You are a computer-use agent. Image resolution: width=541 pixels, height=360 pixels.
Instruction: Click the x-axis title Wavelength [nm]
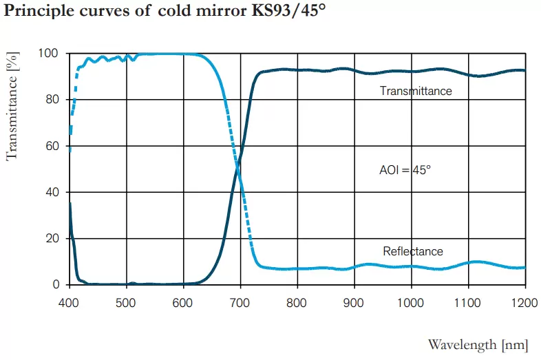click(478, 343)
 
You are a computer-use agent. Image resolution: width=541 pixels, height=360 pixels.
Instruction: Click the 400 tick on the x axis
click(69, 301)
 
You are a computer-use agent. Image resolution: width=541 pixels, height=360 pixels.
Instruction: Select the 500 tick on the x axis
click(126, 301)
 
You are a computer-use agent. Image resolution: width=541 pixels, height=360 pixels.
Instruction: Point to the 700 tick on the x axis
click(240, 301)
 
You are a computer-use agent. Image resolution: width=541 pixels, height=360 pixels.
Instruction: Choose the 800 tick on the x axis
click(297, 301)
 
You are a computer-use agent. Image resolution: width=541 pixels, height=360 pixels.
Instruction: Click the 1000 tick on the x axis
click(411, 301)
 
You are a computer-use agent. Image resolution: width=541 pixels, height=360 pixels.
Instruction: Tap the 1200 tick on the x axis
click(524, 301)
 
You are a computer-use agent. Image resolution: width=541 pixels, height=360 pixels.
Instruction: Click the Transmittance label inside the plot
click(416, 91)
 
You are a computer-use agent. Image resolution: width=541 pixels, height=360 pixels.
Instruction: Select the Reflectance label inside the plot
click(413, 251)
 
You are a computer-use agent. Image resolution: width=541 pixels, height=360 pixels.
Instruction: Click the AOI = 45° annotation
click(405, 169)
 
